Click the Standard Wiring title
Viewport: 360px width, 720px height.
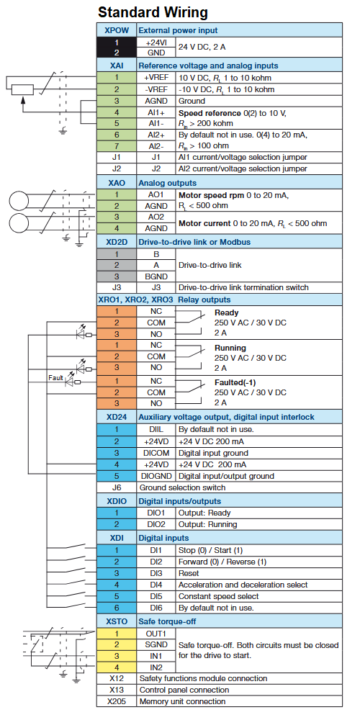pyautogui.click(x=153, y=12)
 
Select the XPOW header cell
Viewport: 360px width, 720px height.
pyautogui.click(x=117, y=30)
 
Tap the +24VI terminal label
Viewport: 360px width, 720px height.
pyautogui.click(x=156, y=42)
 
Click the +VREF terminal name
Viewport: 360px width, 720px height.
pyautogui.click(x=156, y=78)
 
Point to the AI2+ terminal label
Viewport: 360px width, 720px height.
pyautogui.click(x=156, y=135)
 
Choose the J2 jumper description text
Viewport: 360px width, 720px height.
pyautogui.click(x=243, y=169)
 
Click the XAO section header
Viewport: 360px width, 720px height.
pyautogui.click(x=117, y=183)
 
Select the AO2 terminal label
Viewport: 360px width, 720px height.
pyautogui.click(x=156, y=217)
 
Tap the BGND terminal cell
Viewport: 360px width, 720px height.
pyautogui.click(x=156, y=276)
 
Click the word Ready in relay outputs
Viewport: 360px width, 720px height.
pyautogui.click(x=226, y=312)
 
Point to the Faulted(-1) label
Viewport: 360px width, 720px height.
pyautogui.click(x=235, y=382)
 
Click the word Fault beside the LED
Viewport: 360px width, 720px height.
pyautogui.click(x=55, y=378)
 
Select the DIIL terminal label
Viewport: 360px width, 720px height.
pyautogui.click(x=156, y=430)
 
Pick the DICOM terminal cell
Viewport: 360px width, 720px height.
pyautogui.click(x=156, y=453)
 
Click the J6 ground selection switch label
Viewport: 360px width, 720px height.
pyautogui.click(x=116, y=487)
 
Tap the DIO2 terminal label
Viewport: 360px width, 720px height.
pyautogui.click(x=156, y=524)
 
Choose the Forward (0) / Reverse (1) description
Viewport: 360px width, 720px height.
pyautogui.click(x=222, y=562)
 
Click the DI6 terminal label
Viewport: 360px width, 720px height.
pyautogui.click(x=156, y=608)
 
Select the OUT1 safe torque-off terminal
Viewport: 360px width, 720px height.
pyautogui.click(x=156, y=634)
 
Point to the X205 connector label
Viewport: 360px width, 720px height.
pyautogui.click(x=116, y=701)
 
